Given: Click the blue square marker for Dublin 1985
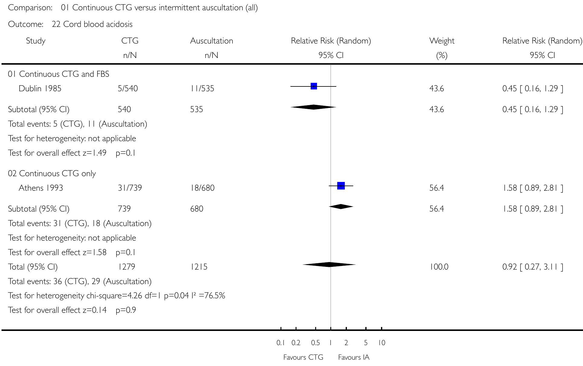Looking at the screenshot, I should pos(314,86).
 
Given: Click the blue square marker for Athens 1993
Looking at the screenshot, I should pos(341,186).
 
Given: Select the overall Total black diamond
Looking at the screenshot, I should pos(329,264).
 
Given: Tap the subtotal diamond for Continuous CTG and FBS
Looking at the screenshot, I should pos(313,107).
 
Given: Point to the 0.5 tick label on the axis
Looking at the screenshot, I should pos(315,343).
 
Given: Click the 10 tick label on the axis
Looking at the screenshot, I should pos(382,343).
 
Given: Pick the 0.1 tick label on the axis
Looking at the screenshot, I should pos(280,343).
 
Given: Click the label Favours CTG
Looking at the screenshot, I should pos(303,357).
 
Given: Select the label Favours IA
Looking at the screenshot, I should pos(354,357).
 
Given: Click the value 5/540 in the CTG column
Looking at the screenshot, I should pos(128,89).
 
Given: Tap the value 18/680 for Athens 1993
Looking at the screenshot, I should pos(202,188).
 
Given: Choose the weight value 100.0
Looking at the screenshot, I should pos(439,267).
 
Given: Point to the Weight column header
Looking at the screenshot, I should pos(442,41).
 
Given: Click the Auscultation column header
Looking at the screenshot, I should pos(211,41).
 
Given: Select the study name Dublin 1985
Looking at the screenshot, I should pos(40,89).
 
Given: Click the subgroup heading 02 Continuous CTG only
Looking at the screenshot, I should pos(52,173).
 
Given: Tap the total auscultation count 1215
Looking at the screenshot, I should pos(199,267).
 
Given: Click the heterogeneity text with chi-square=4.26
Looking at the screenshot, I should pos(117,296).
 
